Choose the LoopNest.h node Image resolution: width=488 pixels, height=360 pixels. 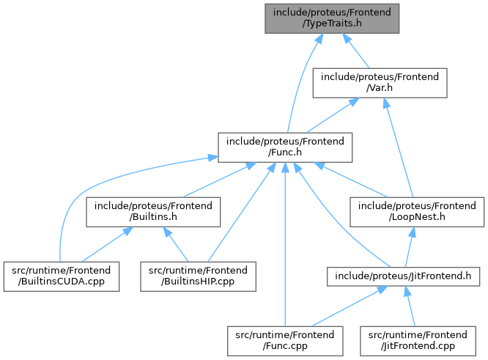pyautogui.click(x=417, y=212)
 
